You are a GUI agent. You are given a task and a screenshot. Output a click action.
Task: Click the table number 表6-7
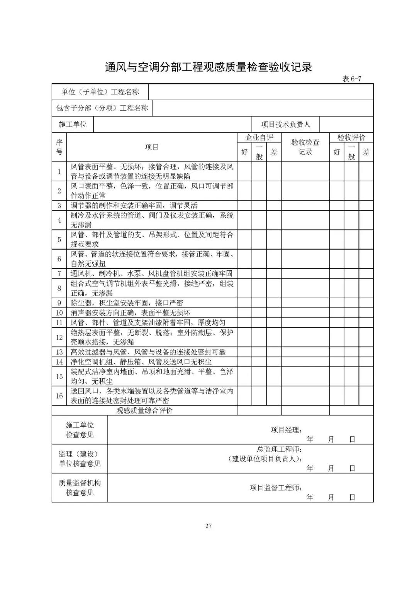click(x=351, y=79)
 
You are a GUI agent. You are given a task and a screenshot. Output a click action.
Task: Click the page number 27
click(x=208, y=526)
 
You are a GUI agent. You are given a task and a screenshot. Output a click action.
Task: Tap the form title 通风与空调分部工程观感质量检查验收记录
click(x=208, y=67)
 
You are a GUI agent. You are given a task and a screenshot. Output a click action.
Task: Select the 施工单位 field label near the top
click(x=73, y=124)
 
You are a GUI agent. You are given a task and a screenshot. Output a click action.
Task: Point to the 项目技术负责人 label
click(x=285, y=124)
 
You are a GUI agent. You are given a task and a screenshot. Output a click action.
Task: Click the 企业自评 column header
click(x=259, y=138)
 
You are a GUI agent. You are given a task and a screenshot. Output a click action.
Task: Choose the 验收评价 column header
click(x=351, y=138)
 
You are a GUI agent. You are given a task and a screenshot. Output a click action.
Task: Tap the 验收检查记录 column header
click(x=305, y=147)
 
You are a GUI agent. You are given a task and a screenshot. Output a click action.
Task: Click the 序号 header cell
click(x=59, y=147)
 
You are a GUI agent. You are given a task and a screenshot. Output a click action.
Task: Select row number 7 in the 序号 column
click(x=59, y=273)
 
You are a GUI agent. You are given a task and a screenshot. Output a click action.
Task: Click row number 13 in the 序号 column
click(x=59, y=352)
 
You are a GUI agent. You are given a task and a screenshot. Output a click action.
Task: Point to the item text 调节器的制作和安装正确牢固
click(x=134, y=206)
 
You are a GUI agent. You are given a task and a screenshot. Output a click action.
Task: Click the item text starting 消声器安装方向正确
click(x=130, y=312)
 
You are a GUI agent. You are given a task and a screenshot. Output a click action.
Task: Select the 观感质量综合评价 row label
click(x=144, y=410)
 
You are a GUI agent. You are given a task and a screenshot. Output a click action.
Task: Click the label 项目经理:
click(x=286, y=430)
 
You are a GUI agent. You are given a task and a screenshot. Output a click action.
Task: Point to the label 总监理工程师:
click(x=280, y=449)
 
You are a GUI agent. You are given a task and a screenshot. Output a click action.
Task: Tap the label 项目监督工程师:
click(x=276, y=488)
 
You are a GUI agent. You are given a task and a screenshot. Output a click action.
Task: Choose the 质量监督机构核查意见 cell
click(x=80, y=488)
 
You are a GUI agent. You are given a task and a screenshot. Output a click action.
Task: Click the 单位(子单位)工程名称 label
click(x=100, y=92)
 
